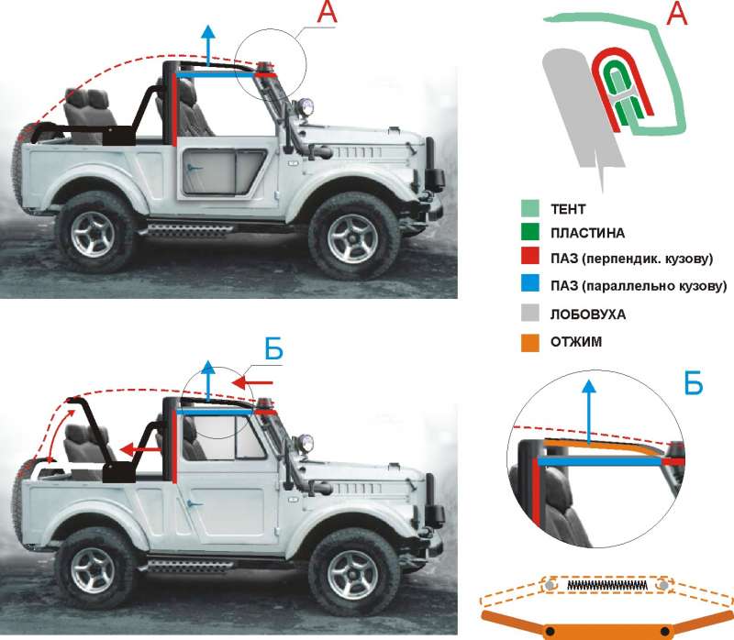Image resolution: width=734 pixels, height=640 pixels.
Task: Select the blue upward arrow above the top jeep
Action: pyautogui.click(x=207, y=44)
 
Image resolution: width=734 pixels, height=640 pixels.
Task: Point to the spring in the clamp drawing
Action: pyautogui.click(x=606, y=585)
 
